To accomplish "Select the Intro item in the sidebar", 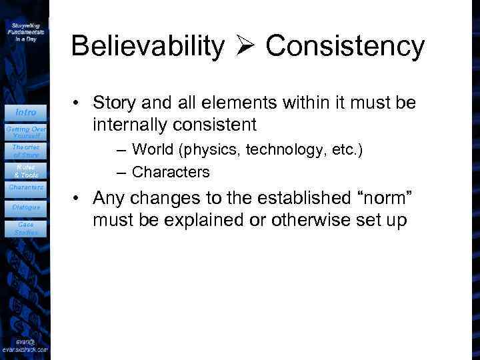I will click(x=26, y=112).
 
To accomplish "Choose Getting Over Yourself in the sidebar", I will click(x=26, y=131).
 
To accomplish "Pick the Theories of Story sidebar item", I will click(x=26, y=151).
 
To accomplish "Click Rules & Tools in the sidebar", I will click(x=26, y=170).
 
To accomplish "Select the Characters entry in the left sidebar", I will click(x=26, y=187).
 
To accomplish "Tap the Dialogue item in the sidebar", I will click(x=26, y=207).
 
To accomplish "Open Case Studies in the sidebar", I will click(x=26, y=229).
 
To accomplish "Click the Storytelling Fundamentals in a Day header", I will click(x=26, y=31).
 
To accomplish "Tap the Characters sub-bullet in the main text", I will click(x=171, y=173).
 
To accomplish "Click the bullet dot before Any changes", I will click(x=79, y=199).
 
